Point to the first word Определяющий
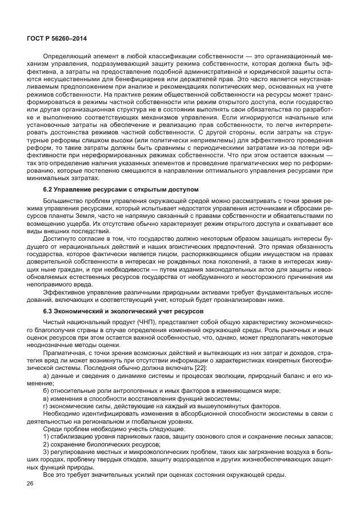click(x=67, y=57)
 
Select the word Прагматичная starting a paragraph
click(x=65, y=352)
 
